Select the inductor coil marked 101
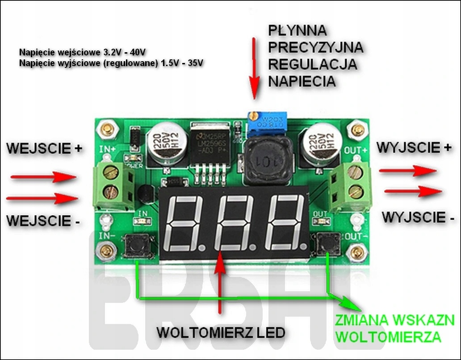[x=266, y=160]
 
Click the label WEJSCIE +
[x=45, y=149]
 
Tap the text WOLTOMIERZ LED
[x=221, y=333]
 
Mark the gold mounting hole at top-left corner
[x=107, y=130]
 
